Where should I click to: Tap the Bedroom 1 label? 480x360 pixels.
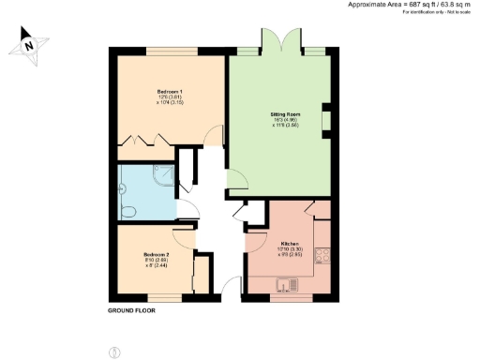point(169,92)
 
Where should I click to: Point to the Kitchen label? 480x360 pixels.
point(289,243)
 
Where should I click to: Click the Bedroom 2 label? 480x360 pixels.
point(156,255)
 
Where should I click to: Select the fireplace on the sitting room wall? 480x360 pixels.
point(325,120)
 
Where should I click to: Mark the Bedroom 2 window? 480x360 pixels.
point(160,296)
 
